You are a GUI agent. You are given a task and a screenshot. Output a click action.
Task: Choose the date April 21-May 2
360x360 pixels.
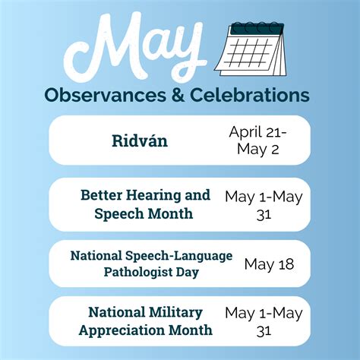point(257,141)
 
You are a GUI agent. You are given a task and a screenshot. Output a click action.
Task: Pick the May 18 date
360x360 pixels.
point(269,264)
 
